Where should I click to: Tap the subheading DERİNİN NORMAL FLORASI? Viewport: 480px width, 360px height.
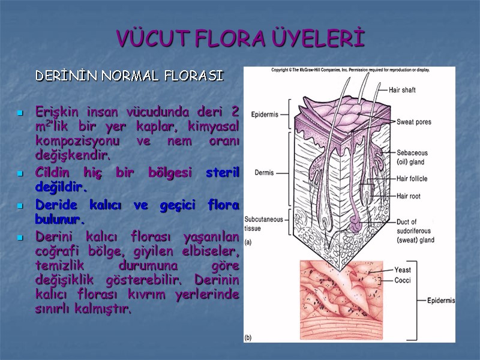point(129,76)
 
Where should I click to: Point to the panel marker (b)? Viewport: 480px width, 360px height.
point(249,338)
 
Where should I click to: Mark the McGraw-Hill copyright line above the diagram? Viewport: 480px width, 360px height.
point(350,70)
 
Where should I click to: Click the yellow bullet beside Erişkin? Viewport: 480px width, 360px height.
point(20,113)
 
